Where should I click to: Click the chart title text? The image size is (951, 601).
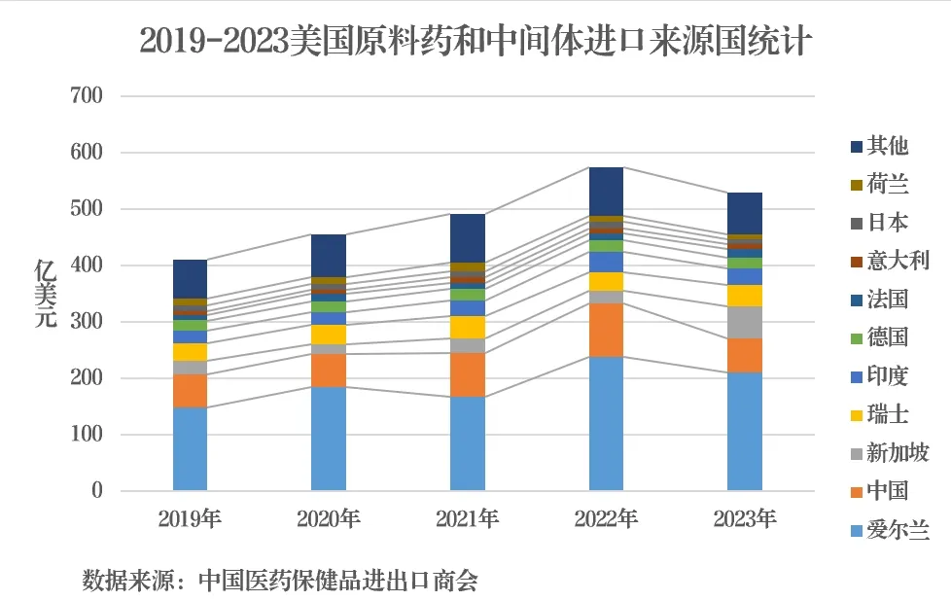coord(475,41)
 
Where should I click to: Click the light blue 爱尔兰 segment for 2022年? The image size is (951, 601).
coord(606,424)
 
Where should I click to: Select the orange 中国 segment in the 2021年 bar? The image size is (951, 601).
coord(468,374)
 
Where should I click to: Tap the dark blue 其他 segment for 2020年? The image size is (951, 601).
coord(329,256)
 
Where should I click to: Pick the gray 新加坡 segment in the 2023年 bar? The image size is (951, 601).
coord(745,322)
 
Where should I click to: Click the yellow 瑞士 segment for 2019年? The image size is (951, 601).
coord(191,352)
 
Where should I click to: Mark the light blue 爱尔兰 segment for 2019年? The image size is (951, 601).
coord(191,448)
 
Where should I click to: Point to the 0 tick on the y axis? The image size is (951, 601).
coord(97,491)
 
